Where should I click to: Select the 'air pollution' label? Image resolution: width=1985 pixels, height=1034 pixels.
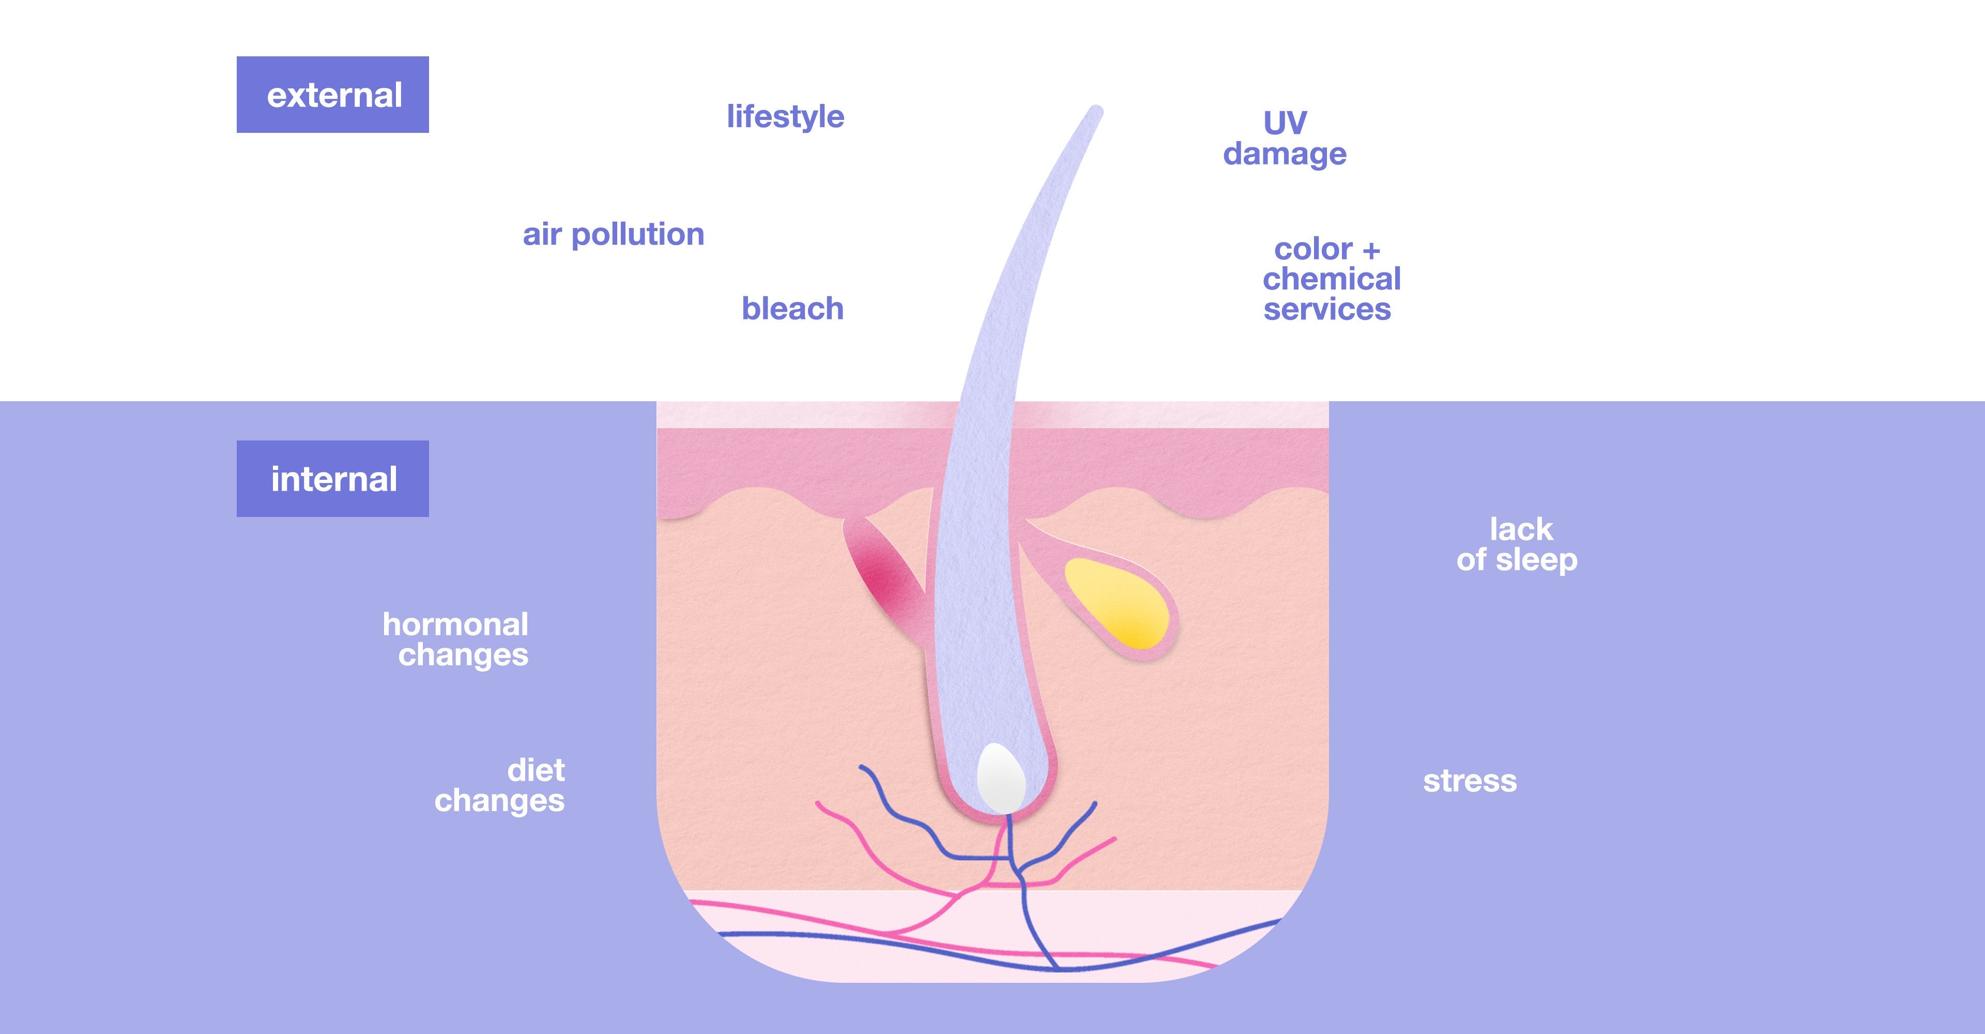(x=614, y=234)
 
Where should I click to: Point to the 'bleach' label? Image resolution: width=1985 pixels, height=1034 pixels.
(x=792, y=308)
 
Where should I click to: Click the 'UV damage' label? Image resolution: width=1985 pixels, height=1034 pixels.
(x=1285, y=139)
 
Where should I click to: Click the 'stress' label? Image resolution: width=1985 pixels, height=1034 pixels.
(x=1470, y=781)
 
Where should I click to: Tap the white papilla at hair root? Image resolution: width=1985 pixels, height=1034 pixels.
(x=1000, y=778)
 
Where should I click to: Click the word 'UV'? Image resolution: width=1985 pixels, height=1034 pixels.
(x=1285, y=123)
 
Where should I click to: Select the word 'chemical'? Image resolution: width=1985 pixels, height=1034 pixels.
(x=1332, y=279)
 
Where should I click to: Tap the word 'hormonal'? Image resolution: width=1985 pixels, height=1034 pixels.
(x=455, y=624)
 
